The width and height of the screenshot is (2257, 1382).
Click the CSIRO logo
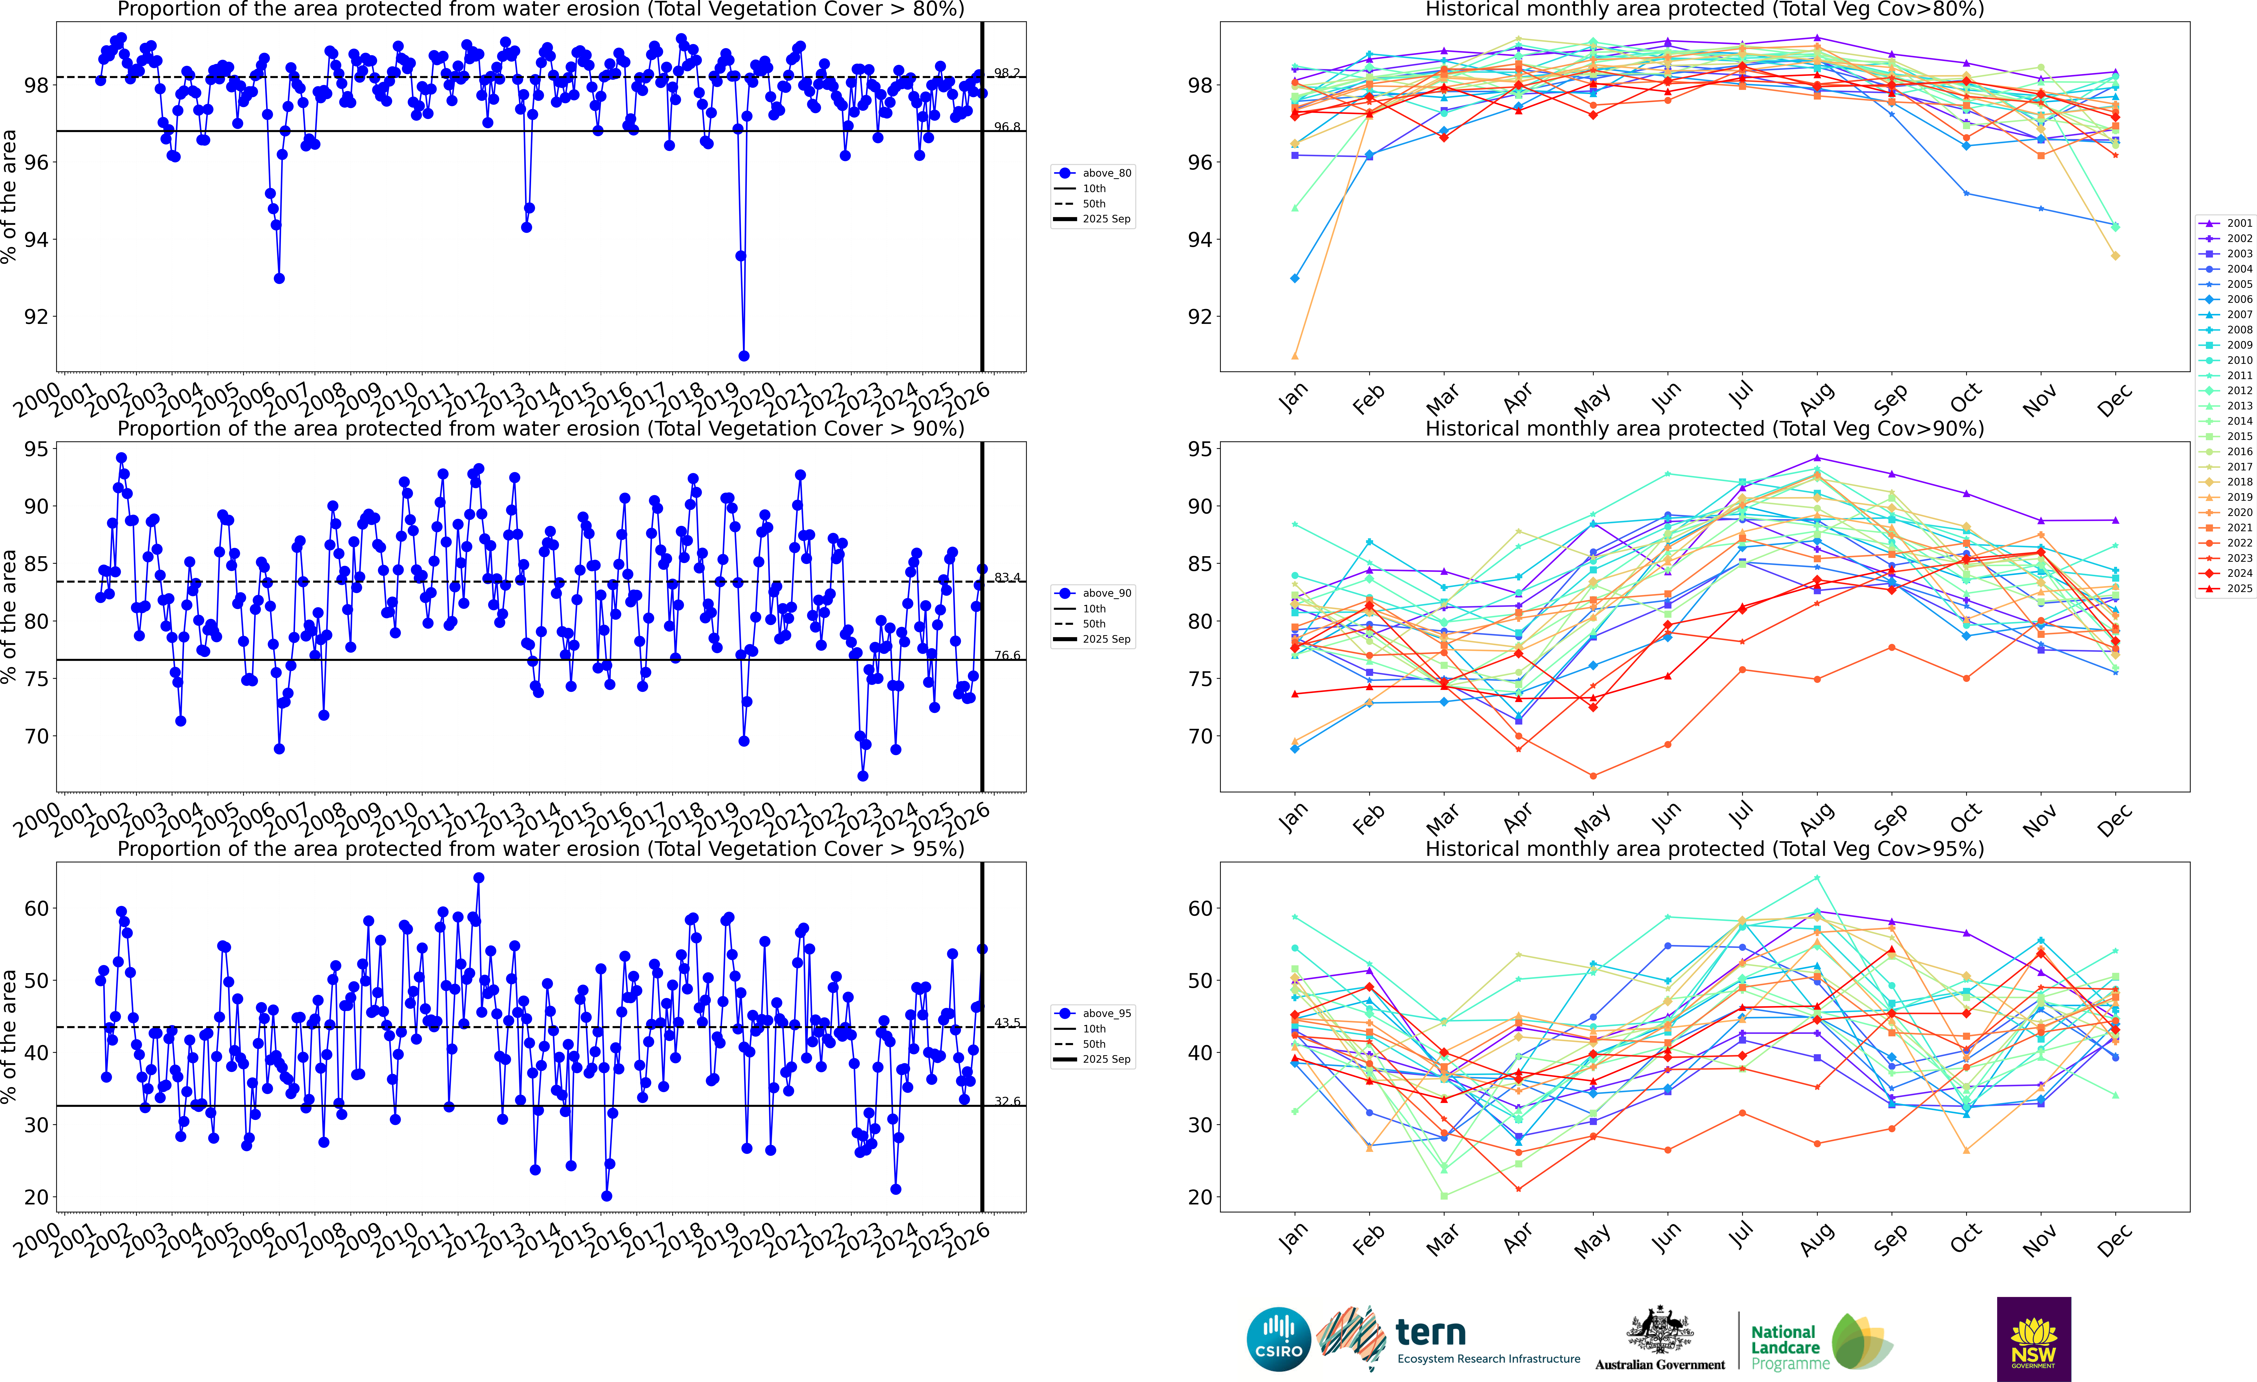click(x=1279, y=1339)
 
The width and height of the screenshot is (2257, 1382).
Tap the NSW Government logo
click(x=2033, y=1339)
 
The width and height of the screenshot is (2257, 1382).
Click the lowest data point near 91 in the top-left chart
click(x=744, y=356)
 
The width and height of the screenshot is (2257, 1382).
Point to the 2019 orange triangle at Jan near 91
click(x=1294, y=356)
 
